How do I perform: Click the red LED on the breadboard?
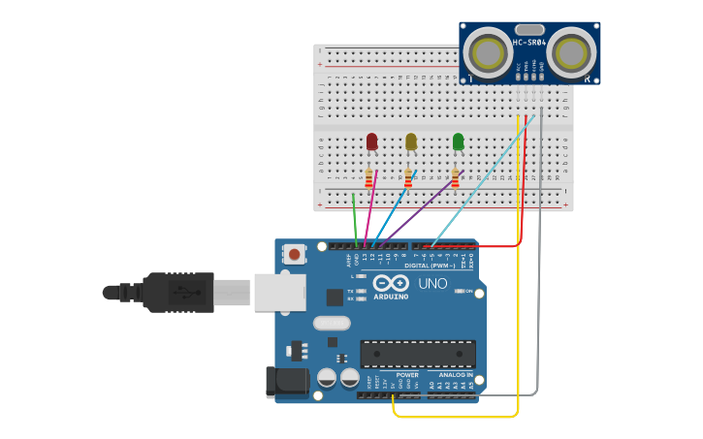tap(371, 141)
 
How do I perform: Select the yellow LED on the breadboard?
tap(411, 141)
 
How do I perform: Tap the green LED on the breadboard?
tap(459, 141)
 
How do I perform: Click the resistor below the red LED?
tap(368, 178)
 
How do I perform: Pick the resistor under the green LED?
tap(455, 178)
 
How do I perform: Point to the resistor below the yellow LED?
tap(408, 178)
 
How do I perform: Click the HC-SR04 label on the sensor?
tap(528, 42)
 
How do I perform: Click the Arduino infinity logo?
tap(391, 283)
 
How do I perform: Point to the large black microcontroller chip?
tap(418, 354)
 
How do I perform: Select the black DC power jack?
tap(287, 381)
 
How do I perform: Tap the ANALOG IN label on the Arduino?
tap(456, 374)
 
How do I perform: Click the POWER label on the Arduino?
tap(407, 374)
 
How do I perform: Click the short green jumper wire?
tap(355, 218)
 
